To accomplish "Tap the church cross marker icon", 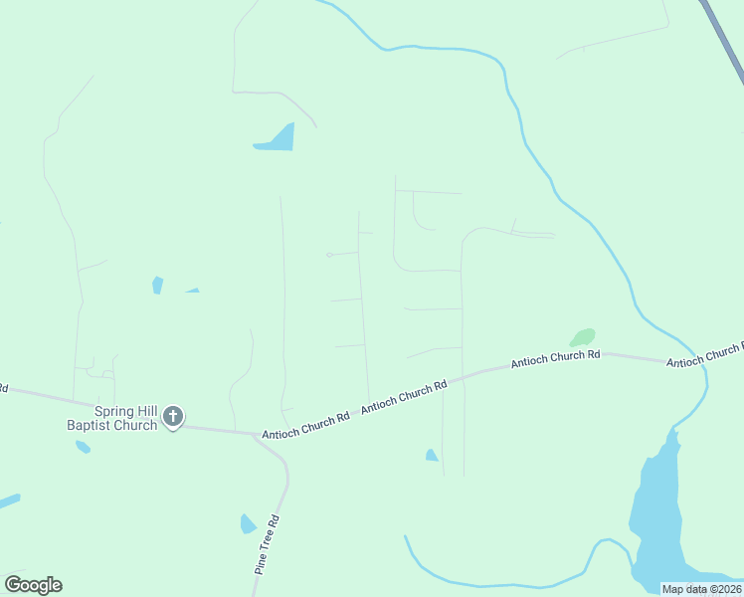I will [173, 417].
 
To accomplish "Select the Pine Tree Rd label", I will [266, 544].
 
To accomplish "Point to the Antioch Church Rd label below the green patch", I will [556, 359].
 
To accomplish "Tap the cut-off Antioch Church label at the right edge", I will [705, 354].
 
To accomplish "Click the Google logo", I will [33, 584].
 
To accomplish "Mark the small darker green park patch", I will [583, 337].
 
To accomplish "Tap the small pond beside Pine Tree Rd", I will [249, 523].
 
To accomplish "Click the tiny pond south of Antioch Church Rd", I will [432, 456].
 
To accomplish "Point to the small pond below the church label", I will [83, 447].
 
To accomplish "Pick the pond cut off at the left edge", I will [8, 500].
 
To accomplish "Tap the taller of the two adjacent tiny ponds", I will [157, 286].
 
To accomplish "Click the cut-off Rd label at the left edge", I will [3, 387].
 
